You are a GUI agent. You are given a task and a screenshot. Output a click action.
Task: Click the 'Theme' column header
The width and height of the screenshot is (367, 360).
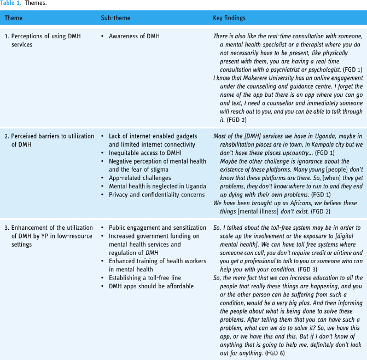point(14,19)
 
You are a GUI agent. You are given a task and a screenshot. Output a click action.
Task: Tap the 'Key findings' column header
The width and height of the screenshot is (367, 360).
point(230,19)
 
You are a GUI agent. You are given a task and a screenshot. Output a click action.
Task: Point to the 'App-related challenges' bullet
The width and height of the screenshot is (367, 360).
point(140,177)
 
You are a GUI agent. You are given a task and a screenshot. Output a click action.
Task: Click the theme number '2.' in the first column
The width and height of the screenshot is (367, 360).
point(7,137)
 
